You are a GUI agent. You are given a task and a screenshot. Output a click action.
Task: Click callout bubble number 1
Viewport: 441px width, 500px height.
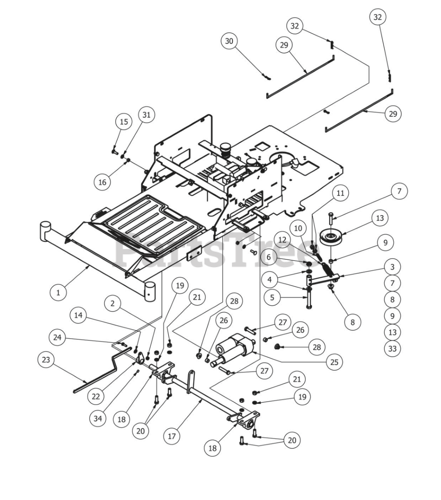click(x=59, y=292)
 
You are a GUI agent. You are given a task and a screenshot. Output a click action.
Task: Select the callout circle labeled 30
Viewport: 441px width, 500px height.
click(x=229, y=41)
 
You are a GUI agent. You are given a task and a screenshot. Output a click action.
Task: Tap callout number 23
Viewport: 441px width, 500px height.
click(x=46, y=359)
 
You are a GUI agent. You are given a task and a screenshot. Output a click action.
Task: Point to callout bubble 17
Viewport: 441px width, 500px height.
click(x=172, y=436)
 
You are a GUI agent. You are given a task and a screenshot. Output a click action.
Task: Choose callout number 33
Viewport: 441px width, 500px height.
click(x=392, y=348)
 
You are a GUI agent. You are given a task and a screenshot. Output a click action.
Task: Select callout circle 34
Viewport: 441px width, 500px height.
click(x=98, y=418)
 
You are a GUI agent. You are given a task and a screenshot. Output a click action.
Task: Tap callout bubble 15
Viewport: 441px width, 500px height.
click(x=124, y=122)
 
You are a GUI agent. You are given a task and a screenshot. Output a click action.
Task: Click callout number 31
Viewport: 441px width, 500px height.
click(x=146, y=115)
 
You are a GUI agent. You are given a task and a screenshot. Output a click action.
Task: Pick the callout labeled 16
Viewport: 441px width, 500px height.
click(x=102, y=182)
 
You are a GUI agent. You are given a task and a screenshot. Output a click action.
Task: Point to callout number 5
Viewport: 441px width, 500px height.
click(x=272, y=297)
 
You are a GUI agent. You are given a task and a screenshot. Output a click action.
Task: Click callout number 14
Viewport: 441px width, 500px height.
click(x=79, y=315)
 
